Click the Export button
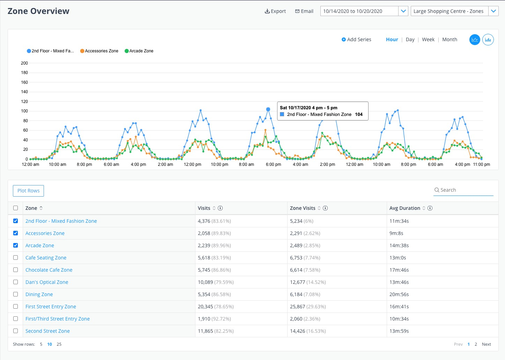click(x=275, y=11)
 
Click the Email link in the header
click(x=304, y=11)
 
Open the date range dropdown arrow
click(x=403, y=11)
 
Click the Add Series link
click(x=356, y=39)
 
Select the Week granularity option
click(x=428, y=39)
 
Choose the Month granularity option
click(x=450, y=39)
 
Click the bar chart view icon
click(x=488, y=40)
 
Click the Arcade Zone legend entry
click(x=139, y=51)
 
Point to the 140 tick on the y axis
click(x=24, y=92)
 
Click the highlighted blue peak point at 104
click(x=268, y=109)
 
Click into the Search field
click(x=464, y=190)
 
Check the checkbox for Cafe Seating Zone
click(x=15, y=258)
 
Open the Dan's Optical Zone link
click(x=47, y=282)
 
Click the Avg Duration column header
click(x=405, y=208)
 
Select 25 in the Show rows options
click(x=59, y=344)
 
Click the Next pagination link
click(x=486, y=344)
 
